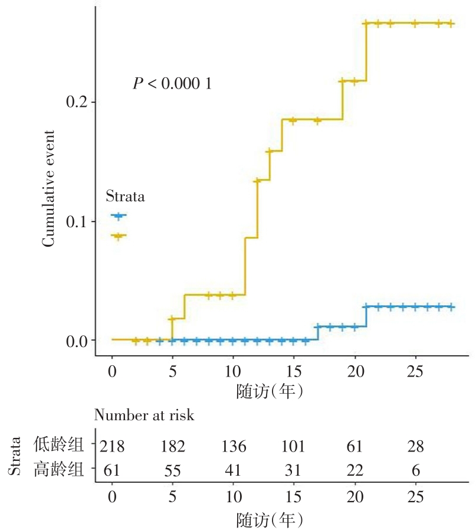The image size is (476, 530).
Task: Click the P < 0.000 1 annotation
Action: pyautogui.click(x=172, y=84)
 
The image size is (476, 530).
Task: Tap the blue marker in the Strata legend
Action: pyautogui.click(x=119, y=216)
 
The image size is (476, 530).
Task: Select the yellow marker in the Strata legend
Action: pyautogui.click(x=119, y=236)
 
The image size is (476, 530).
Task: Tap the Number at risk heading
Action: pyautogui.click(x=145, y=416)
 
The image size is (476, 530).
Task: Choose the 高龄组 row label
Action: pyautogui.click(x=58, y=470)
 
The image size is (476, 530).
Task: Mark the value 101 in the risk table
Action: pyautogui.click(x=293, y=446)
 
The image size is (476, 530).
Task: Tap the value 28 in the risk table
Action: pyautogui.click(x=415, y=446)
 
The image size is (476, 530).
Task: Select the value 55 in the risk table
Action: pyautogui.click(x=172, y=470)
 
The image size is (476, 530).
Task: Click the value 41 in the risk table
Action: pyautogui.click(x=233, y=470)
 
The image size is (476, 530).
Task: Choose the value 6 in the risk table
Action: pyautogui.click(x=415, y=470)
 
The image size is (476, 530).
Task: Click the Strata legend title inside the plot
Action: pyautogui.click(x=125, y=197)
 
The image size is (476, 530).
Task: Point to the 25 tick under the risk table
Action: pyautogui.click(x=415, y=496)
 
